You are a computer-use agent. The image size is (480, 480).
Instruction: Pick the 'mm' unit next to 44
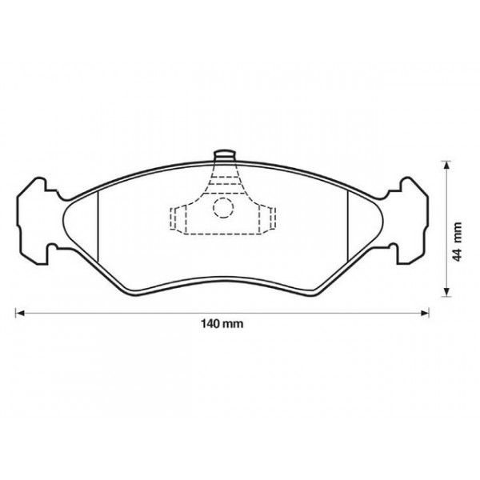[x=457, y=232]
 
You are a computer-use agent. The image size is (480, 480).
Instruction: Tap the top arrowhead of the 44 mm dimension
[x=446, y=163]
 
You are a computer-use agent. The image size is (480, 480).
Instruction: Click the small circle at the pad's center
[x=223, y=210]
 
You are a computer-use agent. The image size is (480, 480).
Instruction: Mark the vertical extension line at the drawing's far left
[x=17, y=288]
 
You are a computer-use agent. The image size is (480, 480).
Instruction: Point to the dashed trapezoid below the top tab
[x=224, y=180]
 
